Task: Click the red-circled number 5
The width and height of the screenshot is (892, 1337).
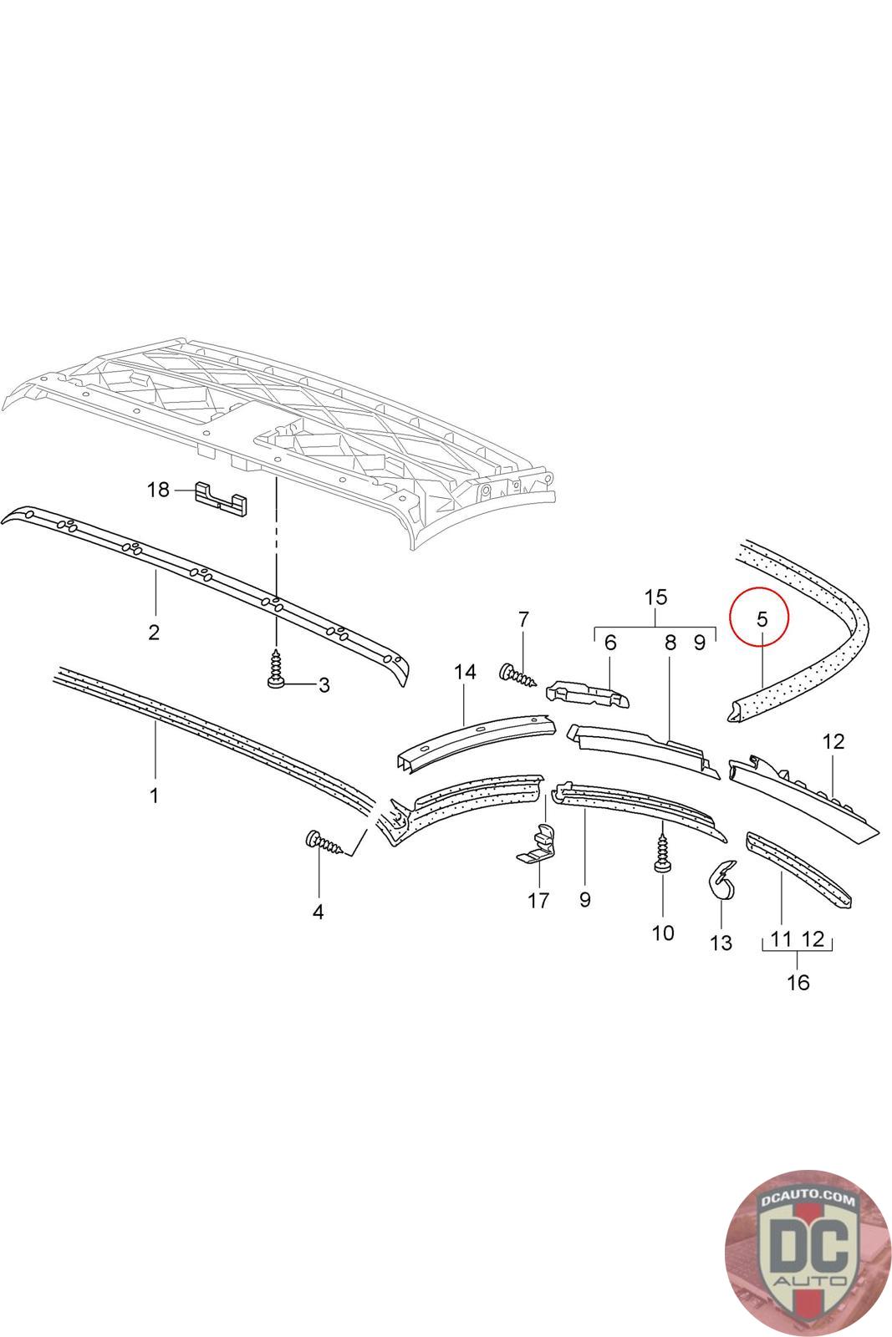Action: click(x=761, y=619)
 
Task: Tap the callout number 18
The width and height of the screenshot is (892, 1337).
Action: click(x=158, y=490)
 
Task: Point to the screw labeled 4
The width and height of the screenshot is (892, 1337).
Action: click(x=325, y=844)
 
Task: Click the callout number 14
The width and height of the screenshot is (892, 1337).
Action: click(x=465, y=671)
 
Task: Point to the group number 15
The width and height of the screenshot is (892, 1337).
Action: click(x=656, y=597)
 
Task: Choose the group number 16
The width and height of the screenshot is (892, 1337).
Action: click(x=798, y=982)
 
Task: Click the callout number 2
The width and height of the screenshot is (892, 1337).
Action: click(x=154, y=632)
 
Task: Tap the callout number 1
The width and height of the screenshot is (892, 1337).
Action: click(x=154, y=796)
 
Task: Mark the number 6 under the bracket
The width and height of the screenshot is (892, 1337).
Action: click(x=609, y=643)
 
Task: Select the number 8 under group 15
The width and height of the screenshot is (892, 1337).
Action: click(x=670, y=643)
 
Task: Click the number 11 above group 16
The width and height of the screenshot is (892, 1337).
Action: click(x=781, y=939)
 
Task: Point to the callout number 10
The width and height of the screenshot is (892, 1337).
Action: click(x=662, y=933)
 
